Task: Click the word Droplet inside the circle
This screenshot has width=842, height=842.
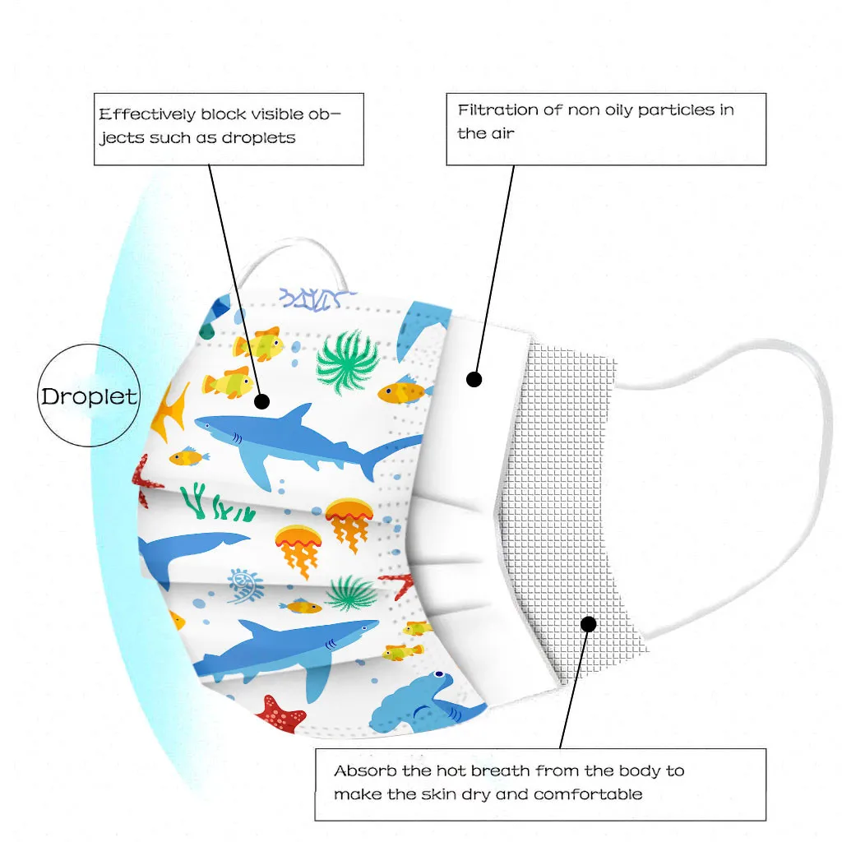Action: coord(90,396)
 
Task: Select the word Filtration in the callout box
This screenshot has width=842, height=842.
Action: coord(497,109)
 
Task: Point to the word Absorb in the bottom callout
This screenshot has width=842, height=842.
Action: coord(361,771)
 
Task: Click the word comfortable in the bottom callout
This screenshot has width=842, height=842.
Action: coord(588,794)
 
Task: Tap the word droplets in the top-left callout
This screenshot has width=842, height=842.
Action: coord(258,137)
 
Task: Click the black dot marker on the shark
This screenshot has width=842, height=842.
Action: coord(261,401)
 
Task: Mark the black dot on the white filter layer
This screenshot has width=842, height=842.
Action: coord(474,379)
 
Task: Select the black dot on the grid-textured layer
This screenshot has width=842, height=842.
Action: coord(588,624)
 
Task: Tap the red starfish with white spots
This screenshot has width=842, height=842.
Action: coord(282,713)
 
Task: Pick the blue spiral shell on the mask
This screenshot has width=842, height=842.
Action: coord(245,585)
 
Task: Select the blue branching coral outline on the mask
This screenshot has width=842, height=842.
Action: coord(317,298)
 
